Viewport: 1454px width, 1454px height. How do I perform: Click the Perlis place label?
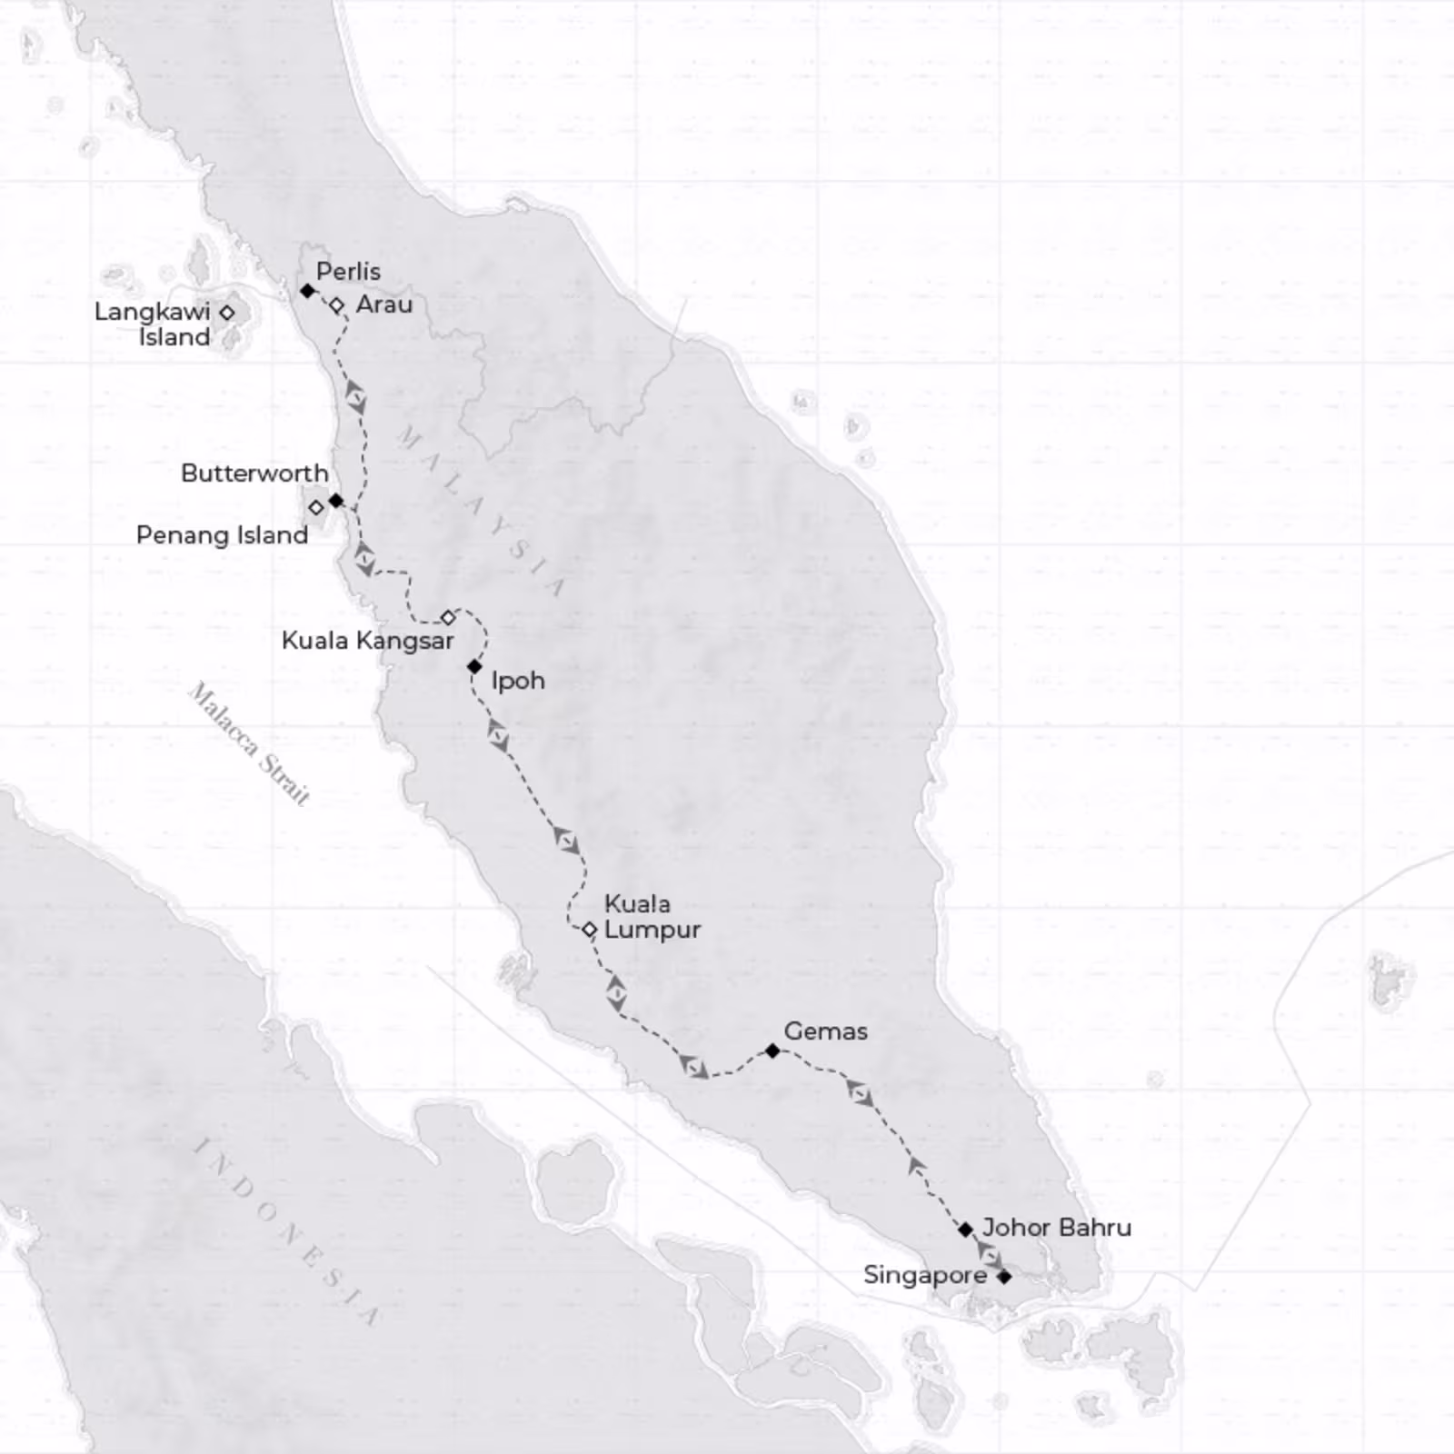point(348,272)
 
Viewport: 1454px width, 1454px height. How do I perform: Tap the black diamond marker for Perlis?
point(307,291)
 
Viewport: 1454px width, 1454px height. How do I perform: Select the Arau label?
point(383,304)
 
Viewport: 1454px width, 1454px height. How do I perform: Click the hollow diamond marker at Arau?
point(336,305)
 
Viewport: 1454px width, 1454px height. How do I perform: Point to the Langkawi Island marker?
point(227,313)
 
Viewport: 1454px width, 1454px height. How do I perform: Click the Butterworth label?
point(254,473)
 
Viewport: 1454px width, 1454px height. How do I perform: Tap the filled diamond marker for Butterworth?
point(336,501)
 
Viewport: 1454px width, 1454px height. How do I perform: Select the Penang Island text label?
point(222,535)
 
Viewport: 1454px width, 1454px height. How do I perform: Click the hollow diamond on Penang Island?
point(315,507)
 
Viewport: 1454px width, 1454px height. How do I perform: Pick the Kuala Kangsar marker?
point(448,618)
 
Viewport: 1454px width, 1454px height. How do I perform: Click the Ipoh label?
point(518,681)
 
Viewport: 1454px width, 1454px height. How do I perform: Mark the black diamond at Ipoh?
point(474,667)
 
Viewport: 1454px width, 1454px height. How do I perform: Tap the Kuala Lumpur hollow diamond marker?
point(589,930)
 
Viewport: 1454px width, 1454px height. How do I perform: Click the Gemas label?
point(825,1031)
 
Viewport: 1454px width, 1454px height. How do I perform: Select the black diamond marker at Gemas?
point(772,1051)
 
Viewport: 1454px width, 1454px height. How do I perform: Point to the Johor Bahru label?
point(1057,1228)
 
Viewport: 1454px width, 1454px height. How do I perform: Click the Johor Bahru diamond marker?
point(966,1230)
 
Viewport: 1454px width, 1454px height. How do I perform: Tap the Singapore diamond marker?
point(1004,1277)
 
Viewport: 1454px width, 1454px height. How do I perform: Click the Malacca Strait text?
point(249,744)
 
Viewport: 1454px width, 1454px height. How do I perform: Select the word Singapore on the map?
point(925,1276)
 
